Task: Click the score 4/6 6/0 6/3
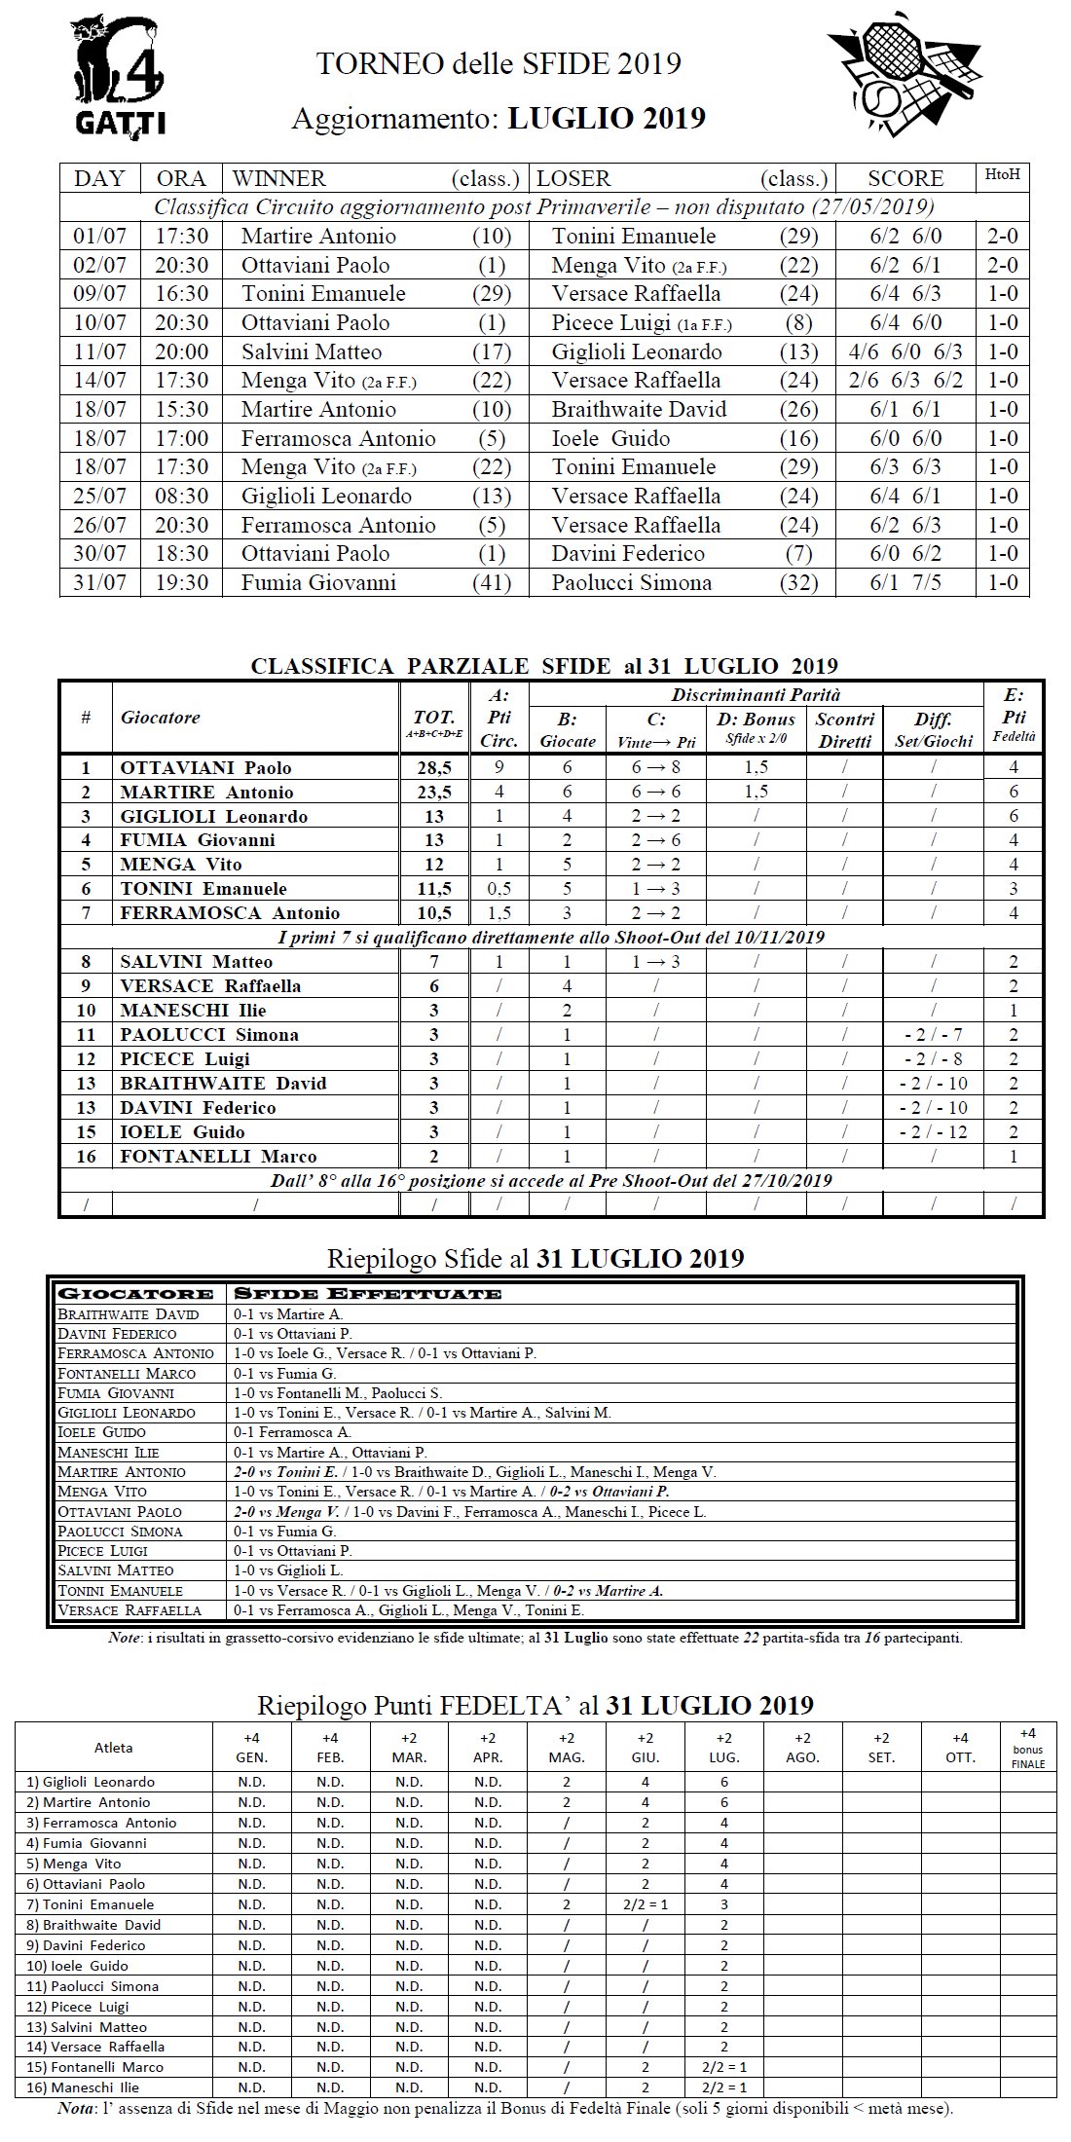(x=905, y=351)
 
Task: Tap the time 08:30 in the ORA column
(x=181, y=497)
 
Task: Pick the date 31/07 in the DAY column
(x=99, y=583)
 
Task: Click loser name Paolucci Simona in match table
(x=631, y=583)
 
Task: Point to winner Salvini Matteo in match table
(x=312, y=351)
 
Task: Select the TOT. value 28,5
(x=434, y=767)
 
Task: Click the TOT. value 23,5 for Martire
(x=434, y=792)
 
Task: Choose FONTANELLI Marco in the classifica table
(x=218, y=1157)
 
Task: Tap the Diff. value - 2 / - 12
(x=933, y=1132)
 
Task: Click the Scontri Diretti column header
(x=845, y=729)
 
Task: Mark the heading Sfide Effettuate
(x=366, y=1294)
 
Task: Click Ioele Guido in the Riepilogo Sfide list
(x=102, y=1432)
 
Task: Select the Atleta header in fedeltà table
(x=114, y=1748)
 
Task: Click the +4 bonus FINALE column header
(x=1027, y=1748)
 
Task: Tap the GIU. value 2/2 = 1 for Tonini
(x=645, y=1904)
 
